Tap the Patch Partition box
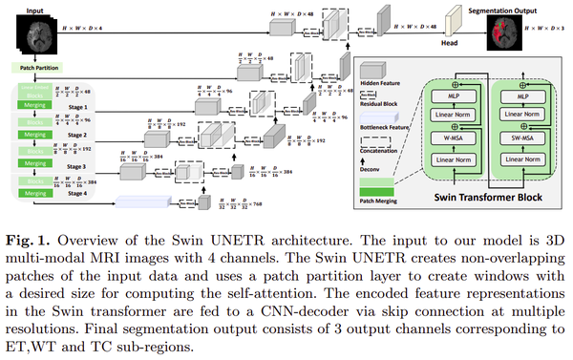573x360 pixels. point(35,69)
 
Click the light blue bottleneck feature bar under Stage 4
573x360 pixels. point(154,201)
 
